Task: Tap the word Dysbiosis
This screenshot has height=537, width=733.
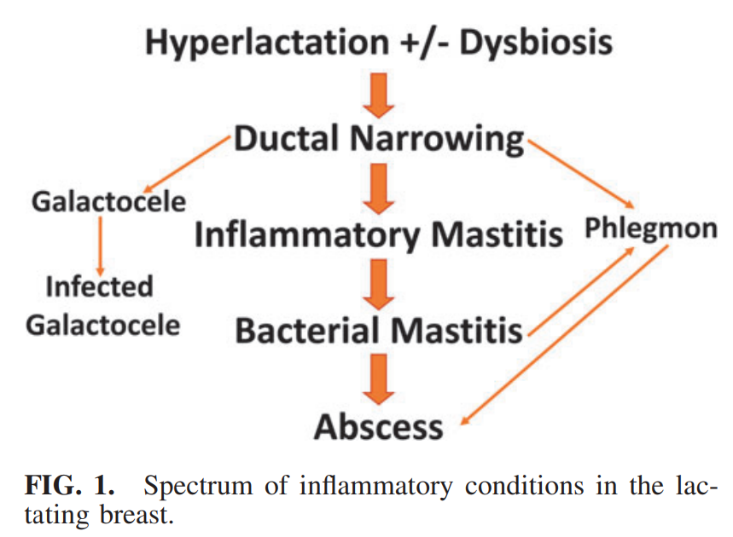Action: pyautogui.click(x=536, y=42)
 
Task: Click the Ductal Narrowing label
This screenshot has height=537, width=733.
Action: pyautogui.click(x=379, y=139)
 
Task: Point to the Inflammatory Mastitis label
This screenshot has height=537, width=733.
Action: pyautogui.click(x=379, y=234)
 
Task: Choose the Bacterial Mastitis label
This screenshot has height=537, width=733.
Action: pyautogui.click(x=379, y=330)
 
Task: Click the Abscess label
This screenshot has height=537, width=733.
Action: pyautogui.click(x=379, y=425)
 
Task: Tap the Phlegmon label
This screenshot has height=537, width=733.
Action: pyautogui.click(x=650, y=229)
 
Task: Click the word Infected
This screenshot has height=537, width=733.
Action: pyautogui.click(x=99, y=286)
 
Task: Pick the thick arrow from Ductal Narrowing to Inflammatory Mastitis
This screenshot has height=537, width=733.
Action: pyautogui.click(x=379, y=188)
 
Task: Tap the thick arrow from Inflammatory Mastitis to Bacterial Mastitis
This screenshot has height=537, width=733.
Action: pyautogui.click(x=379, y=283)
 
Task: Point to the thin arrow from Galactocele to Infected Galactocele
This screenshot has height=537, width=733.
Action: pyautogui.click(x=100, y=244)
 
